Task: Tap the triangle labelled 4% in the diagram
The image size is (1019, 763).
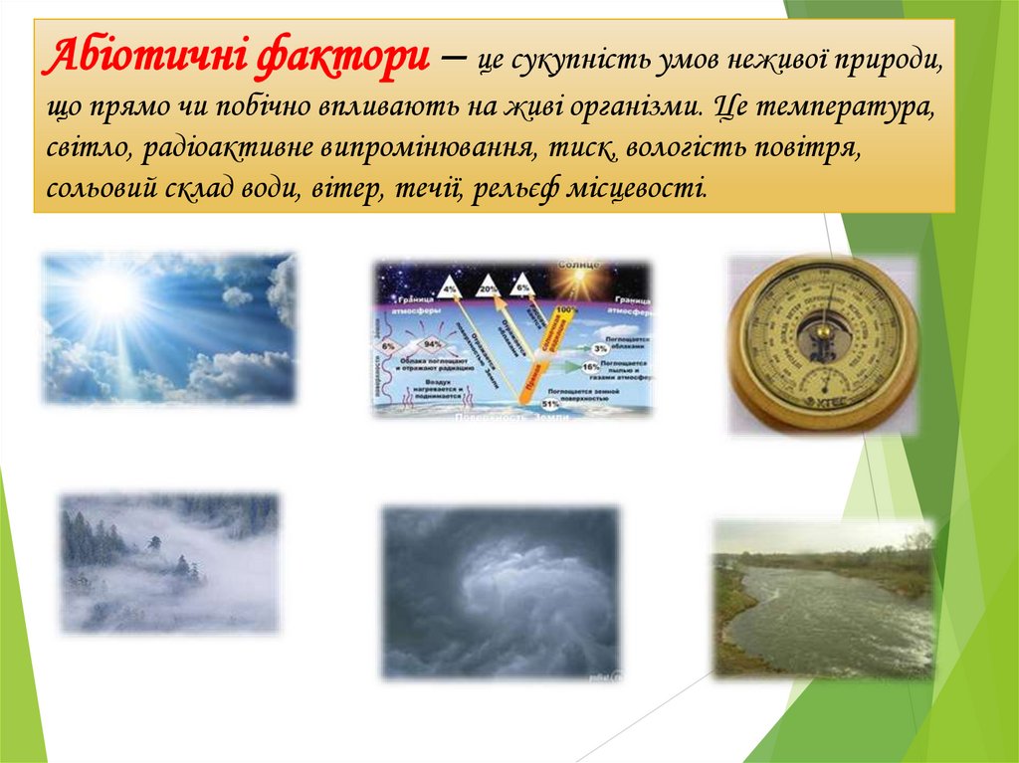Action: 450,286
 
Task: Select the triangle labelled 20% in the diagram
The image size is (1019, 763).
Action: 488,286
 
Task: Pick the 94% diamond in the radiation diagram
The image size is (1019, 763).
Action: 434,343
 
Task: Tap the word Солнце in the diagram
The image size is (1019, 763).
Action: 579,266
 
